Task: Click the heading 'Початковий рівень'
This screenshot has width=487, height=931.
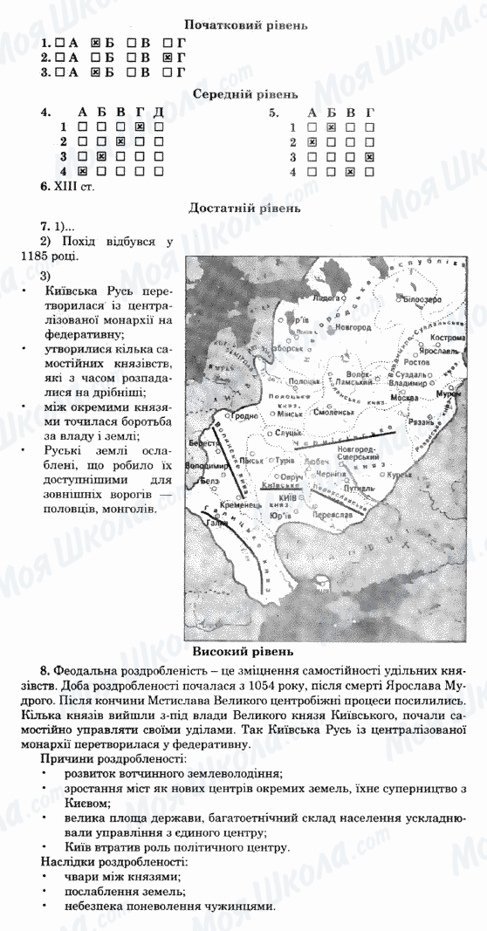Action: point(245,25)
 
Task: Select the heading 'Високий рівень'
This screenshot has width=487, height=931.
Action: point(243,651)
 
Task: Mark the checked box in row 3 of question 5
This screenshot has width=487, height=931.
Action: point(369,157)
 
